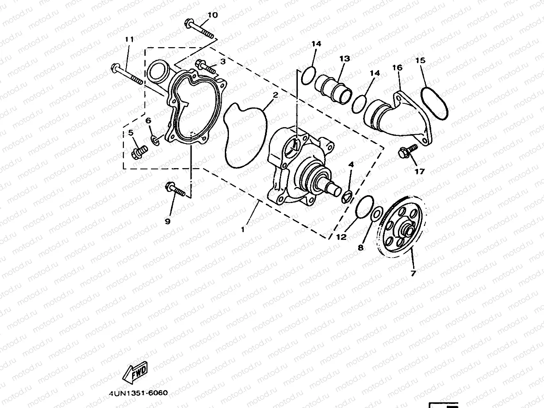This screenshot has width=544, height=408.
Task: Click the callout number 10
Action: point(212,15)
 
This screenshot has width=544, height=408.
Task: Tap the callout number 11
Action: point(130,40)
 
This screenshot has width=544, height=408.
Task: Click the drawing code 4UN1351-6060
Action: point(138,392)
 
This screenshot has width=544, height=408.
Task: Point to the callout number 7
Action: point(413,273)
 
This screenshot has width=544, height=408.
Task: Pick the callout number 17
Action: point(419,172)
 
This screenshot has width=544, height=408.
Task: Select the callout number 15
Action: point(420,61)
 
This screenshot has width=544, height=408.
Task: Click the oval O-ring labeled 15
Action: point(434,103)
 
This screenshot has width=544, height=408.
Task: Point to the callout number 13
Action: point(345,59)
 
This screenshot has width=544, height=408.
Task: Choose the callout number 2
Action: point(276,95)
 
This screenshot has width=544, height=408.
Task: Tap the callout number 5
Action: point(131,132)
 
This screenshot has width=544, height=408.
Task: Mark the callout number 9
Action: point(167,221)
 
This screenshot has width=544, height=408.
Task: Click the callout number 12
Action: point(341,237)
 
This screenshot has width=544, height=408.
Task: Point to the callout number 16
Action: point(397,68)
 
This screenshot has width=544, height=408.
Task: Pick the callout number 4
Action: point(351,164)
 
